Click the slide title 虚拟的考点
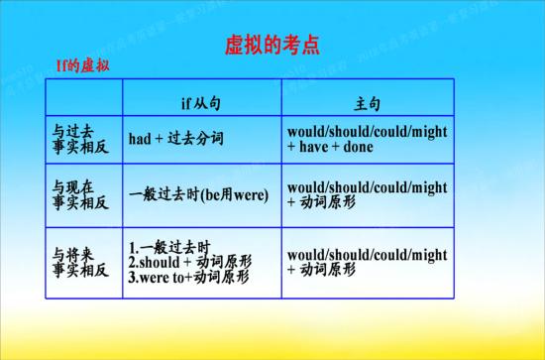point(272,46)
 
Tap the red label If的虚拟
point(82,66)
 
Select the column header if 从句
point(202,103)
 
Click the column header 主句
point(368,103)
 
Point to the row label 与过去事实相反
point(79,138)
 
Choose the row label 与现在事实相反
point(79,193)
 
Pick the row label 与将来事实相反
point(79,261)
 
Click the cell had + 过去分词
point(175,138)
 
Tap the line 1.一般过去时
point(170,246)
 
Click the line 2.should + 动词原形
point(190,262)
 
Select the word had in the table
point(140,138)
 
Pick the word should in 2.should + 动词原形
point(162,262)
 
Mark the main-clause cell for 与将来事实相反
point(367,261)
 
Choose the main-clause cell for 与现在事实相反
point(367,193)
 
